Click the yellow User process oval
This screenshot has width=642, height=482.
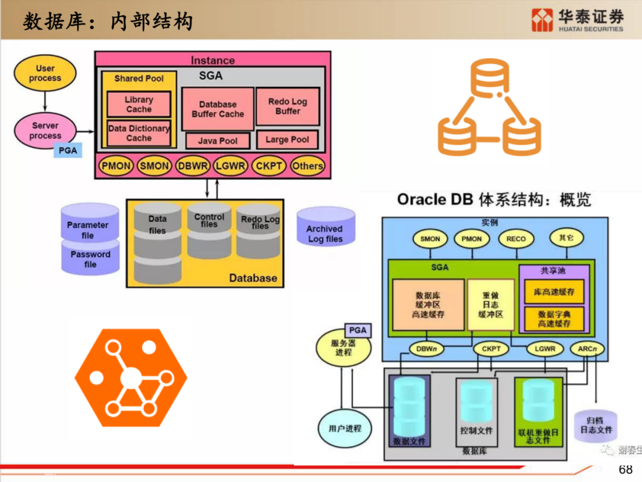(45, 74)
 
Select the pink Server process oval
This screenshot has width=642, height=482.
(46, 131)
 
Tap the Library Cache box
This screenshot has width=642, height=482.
(139, 105)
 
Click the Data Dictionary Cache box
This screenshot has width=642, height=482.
(139, 133)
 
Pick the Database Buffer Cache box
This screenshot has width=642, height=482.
(218, 109)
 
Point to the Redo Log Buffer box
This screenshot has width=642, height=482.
(288, 107)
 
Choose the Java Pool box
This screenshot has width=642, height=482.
(218, 141)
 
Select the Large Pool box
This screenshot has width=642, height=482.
(288, 140)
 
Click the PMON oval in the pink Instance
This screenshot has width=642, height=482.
(117, 166)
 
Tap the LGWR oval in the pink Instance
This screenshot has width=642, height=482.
(230, 166)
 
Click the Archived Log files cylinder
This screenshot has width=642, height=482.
(325, 227)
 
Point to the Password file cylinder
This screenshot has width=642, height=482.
(90, 258)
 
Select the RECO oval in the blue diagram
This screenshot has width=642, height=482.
(516, 239)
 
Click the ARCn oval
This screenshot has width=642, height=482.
(587, 349)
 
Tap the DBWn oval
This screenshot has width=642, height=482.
(426, 349)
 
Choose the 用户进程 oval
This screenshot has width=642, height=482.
(345, 428)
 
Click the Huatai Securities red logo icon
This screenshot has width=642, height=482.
(542, 20)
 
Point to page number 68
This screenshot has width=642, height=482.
(626, 469)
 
